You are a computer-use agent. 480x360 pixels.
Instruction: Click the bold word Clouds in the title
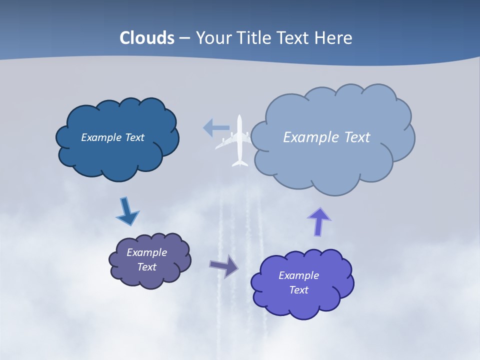click(x=147, y=38)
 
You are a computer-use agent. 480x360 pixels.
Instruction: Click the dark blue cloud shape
click(x=117, y=155)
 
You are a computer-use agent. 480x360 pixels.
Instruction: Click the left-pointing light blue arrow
click(x=215, y=128)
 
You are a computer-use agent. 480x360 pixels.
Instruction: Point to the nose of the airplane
click(x=239, y=118)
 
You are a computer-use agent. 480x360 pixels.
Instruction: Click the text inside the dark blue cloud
click(x=112, y=137)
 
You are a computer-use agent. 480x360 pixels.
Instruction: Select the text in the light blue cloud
click(x=326, y=137)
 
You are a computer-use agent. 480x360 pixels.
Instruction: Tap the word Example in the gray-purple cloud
click(x=146, y=252)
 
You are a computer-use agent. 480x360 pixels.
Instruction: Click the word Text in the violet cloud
click(x=299, y=290)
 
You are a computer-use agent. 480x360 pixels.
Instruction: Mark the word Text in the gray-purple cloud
click(x=147, y=267)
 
